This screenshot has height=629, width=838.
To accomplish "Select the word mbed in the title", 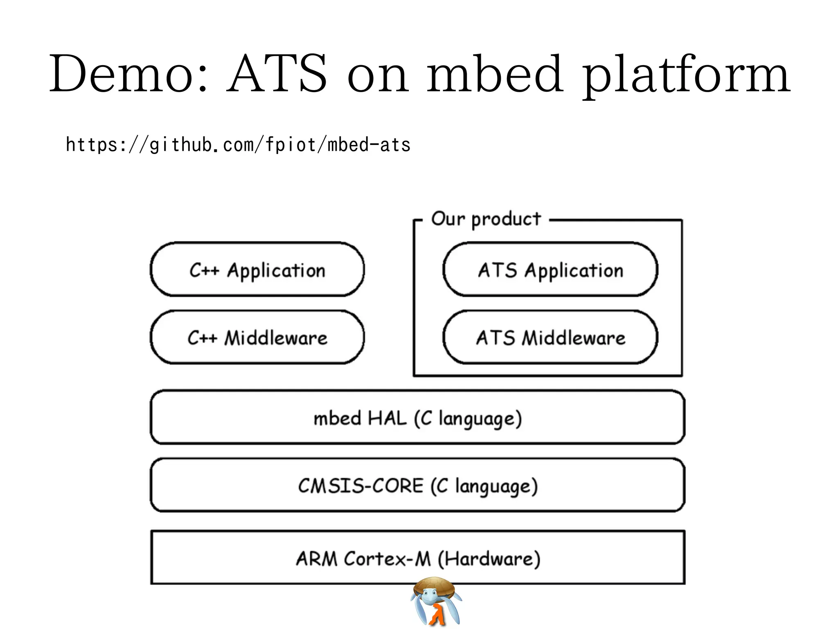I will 494,74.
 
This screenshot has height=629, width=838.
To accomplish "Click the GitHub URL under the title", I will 238,145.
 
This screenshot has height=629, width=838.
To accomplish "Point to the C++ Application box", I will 257,270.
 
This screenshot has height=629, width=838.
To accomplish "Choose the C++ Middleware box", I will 257,337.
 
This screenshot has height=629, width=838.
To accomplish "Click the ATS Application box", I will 550,270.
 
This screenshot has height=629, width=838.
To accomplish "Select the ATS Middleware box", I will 550,337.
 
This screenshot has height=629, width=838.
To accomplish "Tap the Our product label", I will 486,219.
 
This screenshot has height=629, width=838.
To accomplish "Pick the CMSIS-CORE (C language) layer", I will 417,486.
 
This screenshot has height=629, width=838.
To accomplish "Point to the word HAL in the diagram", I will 387,418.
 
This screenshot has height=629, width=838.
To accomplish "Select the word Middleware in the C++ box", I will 276,338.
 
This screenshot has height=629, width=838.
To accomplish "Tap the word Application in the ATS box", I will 574,270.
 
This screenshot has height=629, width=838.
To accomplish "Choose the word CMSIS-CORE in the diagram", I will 360,486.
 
